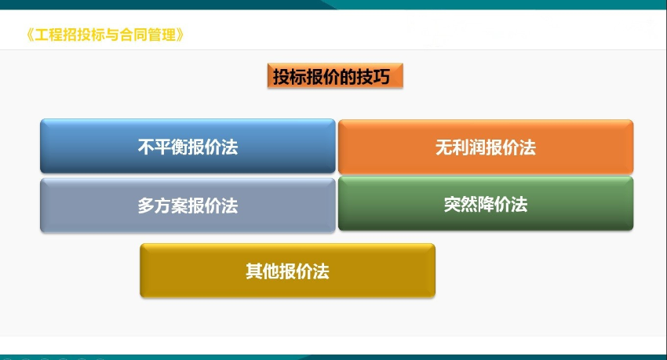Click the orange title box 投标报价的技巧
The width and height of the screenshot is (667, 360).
pos(335,76)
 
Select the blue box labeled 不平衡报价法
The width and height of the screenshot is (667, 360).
pos(188,146)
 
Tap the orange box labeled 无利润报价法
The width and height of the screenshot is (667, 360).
pos(486,147)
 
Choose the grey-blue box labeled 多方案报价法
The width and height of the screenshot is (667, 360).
pos(188,205)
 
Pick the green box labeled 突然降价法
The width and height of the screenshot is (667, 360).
pos(486,204)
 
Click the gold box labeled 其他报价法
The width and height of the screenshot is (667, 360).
pos(287,271)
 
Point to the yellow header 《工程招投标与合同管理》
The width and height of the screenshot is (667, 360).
pos(105,35)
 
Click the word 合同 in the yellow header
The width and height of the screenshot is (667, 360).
pos(133,35)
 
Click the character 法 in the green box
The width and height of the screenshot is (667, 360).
pos(519,205)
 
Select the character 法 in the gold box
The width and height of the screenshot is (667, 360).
pos(321,271)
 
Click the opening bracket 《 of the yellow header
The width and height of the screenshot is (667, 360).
pos(30,35)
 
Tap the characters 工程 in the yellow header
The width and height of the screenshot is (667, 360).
pos(49,35)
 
